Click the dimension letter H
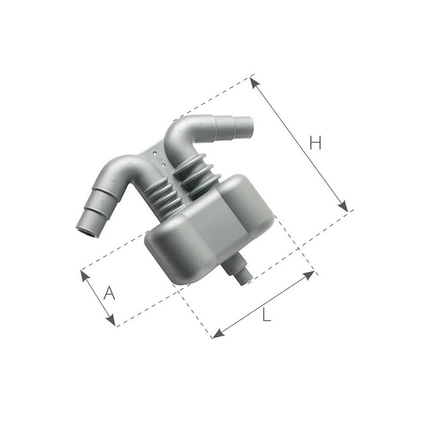point(315,143)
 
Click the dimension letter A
point(110,294)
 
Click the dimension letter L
point(266,315)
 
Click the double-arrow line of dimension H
point(299,144)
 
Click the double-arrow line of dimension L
point(264,304)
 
